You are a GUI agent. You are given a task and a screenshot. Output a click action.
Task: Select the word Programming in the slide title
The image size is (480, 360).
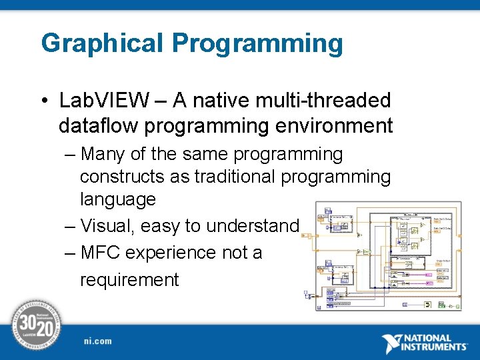point(258,44)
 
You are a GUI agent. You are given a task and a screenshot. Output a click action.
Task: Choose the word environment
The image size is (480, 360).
point(333,125)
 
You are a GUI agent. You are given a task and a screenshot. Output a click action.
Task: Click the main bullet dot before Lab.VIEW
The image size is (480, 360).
point(44,101)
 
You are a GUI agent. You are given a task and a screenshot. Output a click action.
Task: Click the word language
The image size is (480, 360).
point(118,199)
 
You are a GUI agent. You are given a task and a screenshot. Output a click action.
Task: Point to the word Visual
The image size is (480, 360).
point(106,227)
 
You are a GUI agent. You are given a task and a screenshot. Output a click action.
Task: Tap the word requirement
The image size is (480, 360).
point(129,280)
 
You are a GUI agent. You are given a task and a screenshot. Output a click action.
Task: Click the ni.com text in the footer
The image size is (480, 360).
point(98,341)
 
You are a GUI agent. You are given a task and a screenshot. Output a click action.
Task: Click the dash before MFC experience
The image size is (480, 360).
point(71,253)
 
